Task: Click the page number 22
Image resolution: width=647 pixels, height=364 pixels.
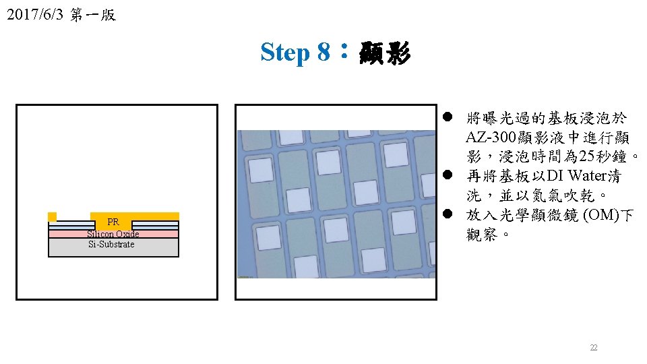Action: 594,348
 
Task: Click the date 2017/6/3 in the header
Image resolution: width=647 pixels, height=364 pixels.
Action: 33,15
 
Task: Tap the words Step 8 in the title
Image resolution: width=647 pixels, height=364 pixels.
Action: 295,52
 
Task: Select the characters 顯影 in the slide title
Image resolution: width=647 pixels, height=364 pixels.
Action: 385,52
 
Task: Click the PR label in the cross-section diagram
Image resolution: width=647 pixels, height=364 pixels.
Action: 113,222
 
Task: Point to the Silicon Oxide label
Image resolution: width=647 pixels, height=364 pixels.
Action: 113,234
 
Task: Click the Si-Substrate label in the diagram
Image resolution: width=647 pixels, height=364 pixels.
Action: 111,244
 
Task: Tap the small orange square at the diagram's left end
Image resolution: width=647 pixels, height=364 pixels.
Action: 52,216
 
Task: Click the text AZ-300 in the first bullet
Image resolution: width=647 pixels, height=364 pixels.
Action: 491,138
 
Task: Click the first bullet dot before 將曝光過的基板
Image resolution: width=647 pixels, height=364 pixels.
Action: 447,118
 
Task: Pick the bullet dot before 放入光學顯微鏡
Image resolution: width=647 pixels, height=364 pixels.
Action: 447,215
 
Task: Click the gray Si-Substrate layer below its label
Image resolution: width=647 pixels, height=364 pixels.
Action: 113,252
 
